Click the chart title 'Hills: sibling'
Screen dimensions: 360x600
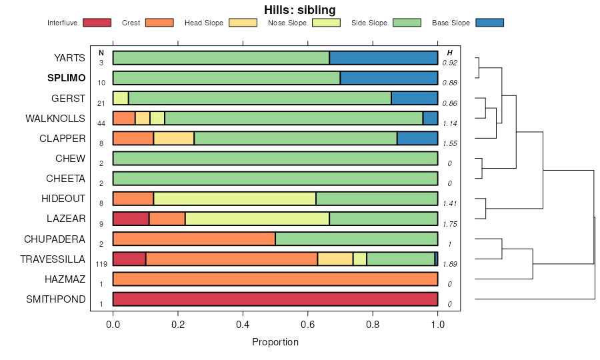pyautogui.click(x=299, y=9)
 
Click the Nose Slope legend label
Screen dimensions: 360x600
pyautogui.click(x=287, y=23)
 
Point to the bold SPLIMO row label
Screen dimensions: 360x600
pyautogui.click(x=66, y=78)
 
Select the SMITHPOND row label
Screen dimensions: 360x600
pyautogui.click(x=56, y=299)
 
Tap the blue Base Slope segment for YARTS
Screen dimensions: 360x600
pyautogui.click(x=383, y=58)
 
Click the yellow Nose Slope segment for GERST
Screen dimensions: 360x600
pyautogui.click(x=121, y=98)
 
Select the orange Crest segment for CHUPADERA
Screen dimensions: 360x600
pyautogui.click(x=194, y=239)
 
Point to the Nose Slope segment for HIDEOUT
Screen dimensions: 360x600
pyautogui.click(x=235, y=199)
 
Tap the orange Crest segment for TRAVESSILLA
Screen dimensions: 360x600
pyautogui.click(x=231, y=259)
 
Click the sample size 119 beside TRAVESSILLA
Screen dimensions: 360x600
pyautogui.click(x=101, y=264)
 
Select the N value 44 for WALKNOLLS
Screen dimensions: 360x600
pyautogui.click(x=101, y=123)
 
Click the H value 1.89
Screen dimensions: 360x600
pyautogui.click(x=449, y=264)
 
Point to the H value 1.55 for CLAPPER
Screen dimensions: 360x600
pyautogui.click(x=449, y=143)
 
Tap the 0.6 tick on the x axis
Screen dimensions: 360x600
pyautogui.click(x=308, y=325)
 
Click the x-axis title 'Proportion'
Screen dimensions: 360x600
pyautogui.click(x=275, y=342)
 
